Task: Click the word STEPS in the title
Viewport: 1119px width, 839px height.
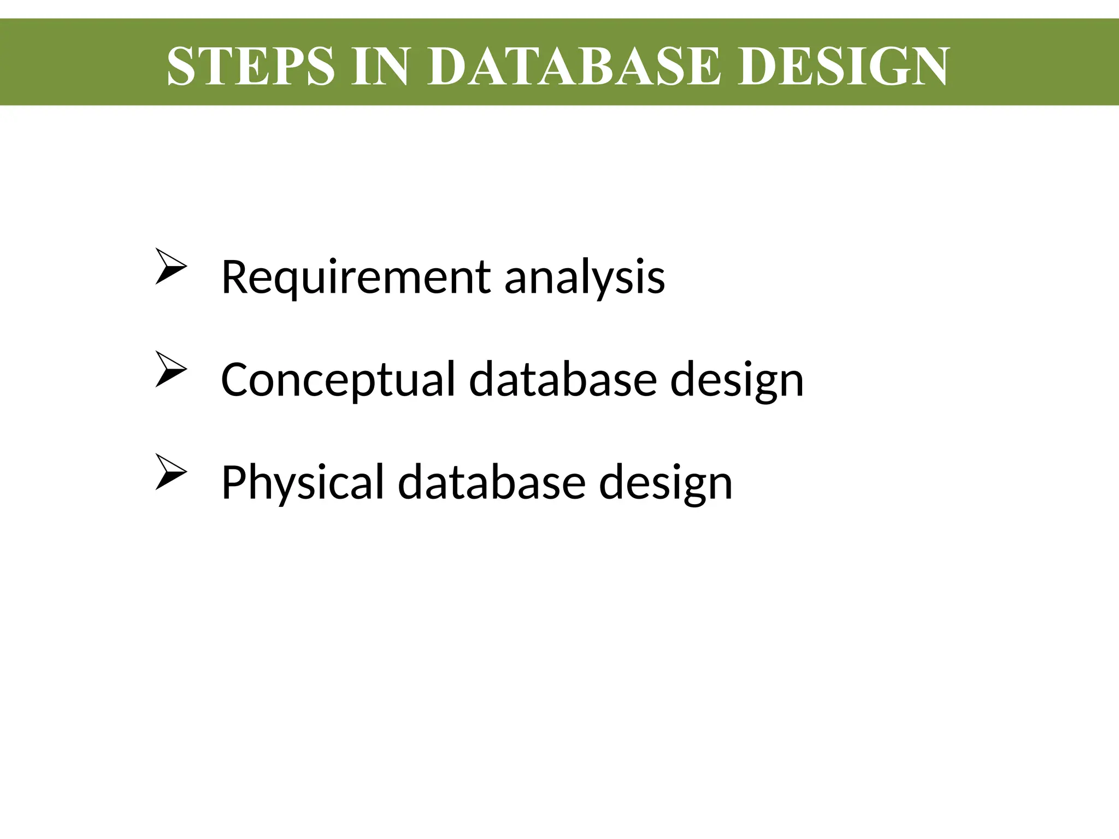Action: [x=250, y=66]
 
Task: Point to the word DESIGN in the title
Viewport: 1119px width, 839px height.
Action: [x=844, y=66]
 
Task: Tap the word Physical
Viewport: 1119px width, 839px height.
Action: [x=303, y=482]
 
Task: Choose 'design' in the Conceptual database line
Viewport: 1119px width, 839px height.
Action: [x=737, y=381]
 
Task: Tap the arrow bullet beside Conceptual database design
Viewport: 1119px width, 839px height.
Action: [x=171, y=369]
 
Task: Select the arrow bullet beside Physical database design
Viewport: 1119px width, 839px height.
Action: [x=171, y=471]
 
